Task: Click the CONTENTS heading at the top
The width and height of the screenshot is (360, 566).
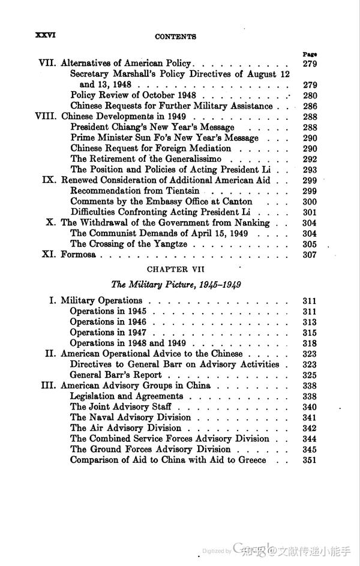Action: coord(175,37)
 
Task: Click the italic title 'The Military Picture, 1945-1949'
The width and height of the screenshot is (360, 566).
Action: coord(176,284)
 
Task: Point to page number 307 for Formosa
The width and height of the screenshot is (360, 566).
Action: coord(310,254)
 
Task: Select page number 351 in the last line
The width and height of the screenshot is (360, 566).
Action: coord(310,460)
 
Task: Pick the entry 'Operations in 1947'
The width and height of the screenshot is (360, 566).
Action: coord(108,332)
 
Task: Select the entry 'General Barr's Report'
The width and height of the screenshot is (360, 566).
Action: coord(116,375)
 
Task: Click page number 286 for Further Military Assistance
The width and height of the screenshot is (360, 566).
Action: coord(310,106)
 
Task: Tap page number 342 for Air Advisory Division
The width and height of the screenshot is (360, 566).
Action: coord(310,428)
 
